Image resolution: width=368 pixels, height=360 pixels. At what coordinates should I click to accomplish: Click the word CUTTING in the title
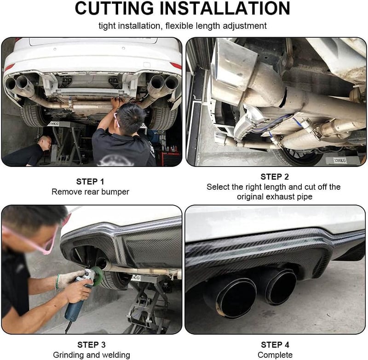pos(114,8)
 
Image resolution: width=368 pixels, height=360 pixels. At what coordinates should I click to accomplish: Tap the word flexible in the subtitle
pos(179,26)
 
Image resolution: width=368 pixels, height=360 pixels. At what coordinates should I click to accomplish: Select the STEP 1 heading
pos(90,182)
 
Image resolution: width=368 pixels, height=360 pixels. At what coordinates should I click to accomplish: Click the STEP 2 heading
pos(275,177)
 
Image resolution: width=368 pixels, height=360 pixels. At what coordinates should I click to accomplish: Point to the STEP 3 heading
pos(91,345)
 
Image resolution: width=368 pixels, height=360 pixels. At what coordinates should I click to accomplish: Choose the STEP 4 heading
pos(275,345)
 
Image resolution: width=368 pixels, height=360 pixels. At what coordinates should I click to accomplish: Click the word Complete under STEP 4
pos(275,355)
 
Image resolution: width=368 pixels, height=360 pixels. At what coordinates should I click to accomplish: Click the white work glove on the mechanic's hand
pos(70,279)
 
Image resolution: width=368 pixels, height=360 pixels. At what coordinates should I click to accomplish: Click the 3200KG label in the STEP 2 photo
pos(339,160)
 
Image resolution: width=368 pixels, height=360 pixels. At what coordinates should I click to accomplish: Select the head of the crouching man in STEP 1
pos(45,143)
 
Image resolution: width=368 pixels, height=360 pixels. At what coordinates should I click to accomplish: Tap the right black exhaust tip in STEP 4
pos(279,286)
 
